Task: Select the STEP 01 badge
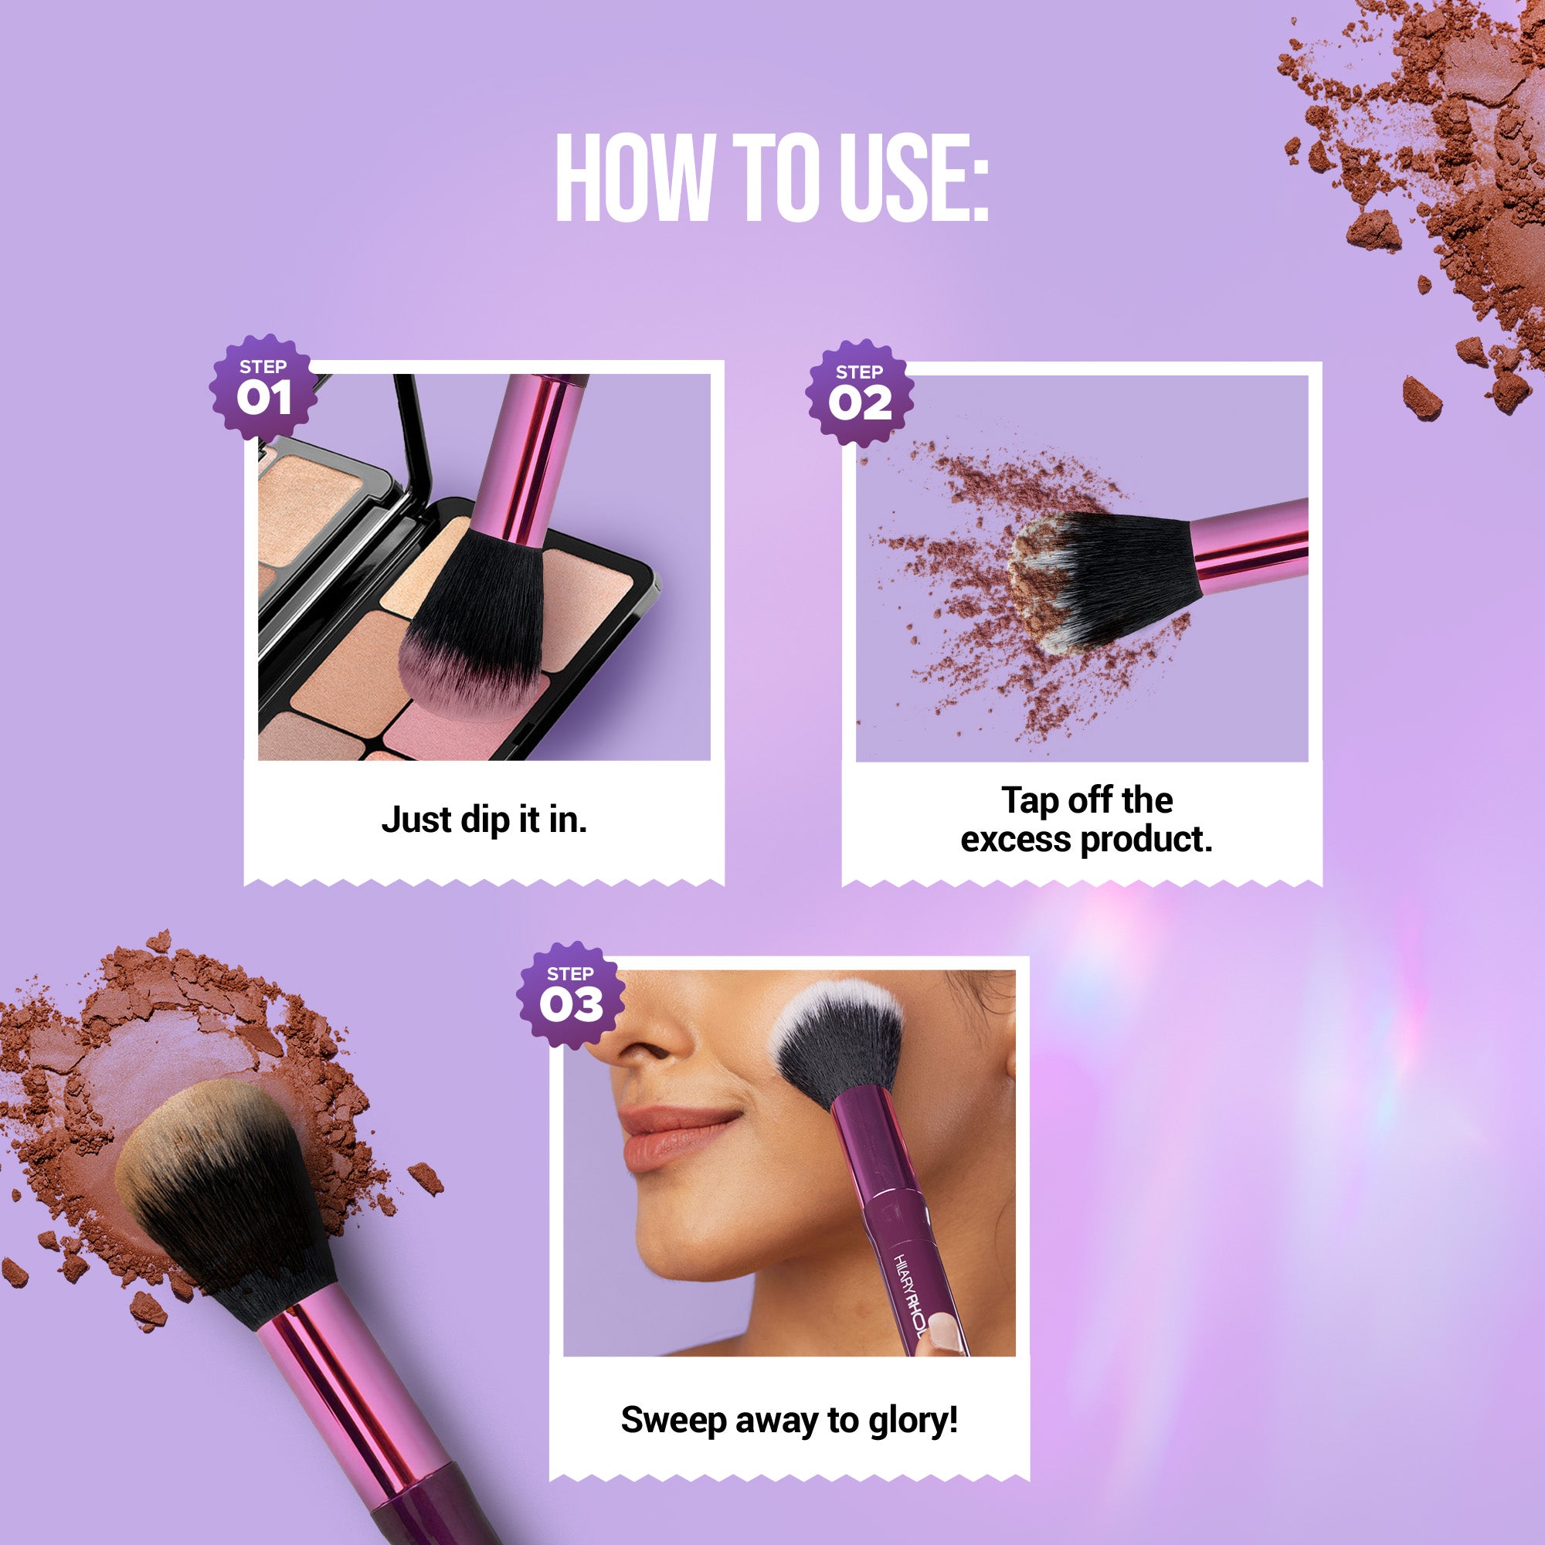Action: pyautogui.click(x=263, y=387)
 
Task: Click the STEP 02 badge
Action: pyautogui.click(x=860, y=392)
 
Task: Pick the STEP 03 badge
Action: pyautogui.click(x=570, y=995)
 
